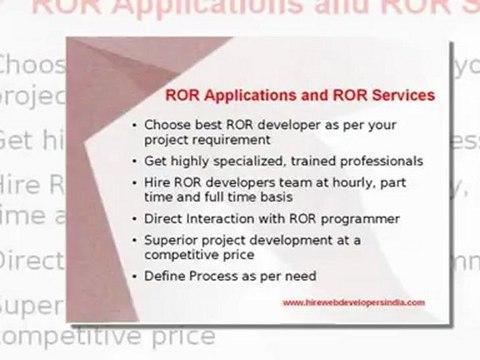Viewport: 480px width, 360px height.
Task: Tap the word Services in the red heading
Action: [399, 97]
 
